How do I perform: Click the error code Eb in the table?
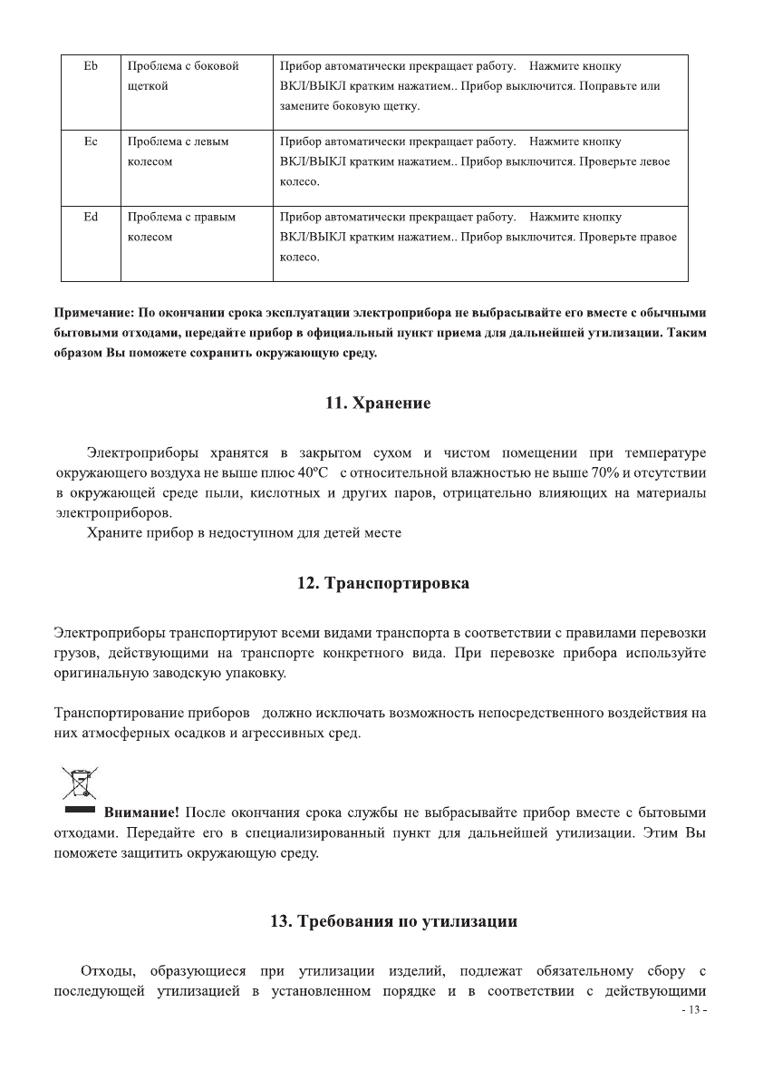(x=90, y=66)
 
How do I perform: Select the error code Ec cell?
(x=90, y=141)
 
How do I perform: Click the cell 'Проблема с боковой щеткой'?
(x=182, y=76)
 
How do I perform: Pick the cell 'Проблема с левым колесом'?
(x=178, y=151)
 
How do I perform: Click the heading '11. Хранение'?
(x=378, y=404)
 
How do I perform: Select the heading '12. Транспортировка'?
(x=383, y=583)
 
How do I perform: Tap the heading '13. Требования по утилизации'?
(x=394, y=921)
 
